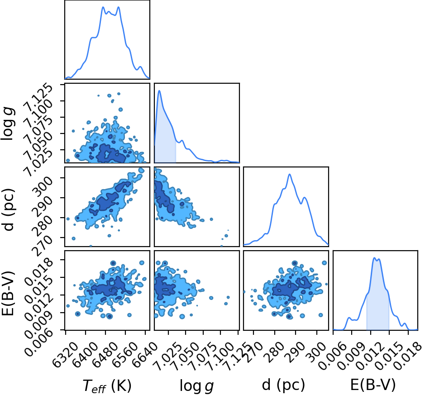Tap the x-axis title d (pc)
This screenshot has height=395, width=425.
click(283, 385)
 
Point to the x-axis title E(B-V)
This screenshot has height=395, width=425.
click(373, 385)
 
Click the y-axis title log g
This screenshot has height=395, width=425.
click(8, 123)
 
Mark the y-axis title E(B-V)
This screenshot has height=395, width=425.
click(8, 293)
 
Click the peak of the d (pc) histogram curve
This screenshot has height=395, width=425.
click(290, 174)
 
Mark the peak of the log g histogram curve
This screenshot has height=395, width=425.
click(159, 90)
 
